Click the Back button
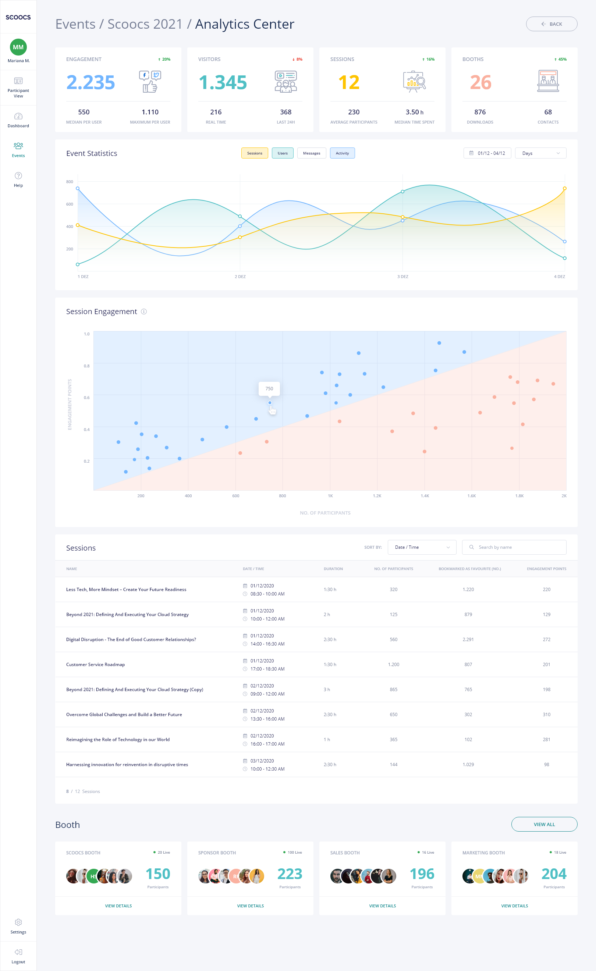(551, 24)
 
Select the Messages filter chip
(311, 153)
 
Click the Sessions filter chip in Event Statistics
(254, 153)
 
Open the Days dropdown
(540, 153)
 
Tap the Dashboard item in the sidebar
(18, 120)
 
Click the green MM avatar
(18, 47)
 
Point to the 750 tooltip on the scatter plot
(269, 388)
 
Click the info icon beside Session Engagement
(144, 312)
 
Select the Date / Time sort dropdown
(422, 547)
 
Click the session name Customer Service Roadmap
(95, 664)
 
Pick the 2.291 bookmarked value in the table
(468, 640)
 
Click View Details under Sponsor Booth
(250, 906)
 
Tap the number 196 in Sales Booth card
(422, 874)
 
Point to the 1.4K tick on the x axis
(425, 496)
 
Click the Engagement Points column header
(546, 569)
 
